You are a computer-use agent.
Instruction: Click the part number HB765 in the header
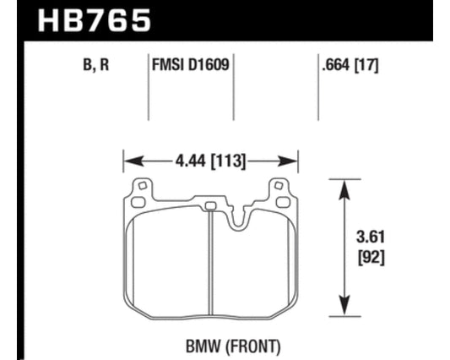pos(95,20)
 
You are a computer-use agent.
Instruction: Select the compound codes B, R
pos(96,64)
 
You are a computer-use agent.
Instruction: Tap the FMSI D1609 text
pos(191,64)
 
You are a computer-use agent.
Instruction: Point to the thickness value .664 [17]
pos(350,65)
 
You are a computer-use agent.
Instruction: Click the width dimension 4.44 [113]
pos(211,161)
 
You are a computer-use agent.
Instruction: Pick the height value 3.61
pos(371,237)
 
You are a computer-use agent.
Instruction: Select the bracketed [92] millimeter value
pos(371,257)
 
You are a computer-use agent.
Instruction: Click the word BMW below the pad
pos(203,346)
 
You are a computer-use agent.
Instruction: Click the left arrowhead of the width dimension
pos(133,161)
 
